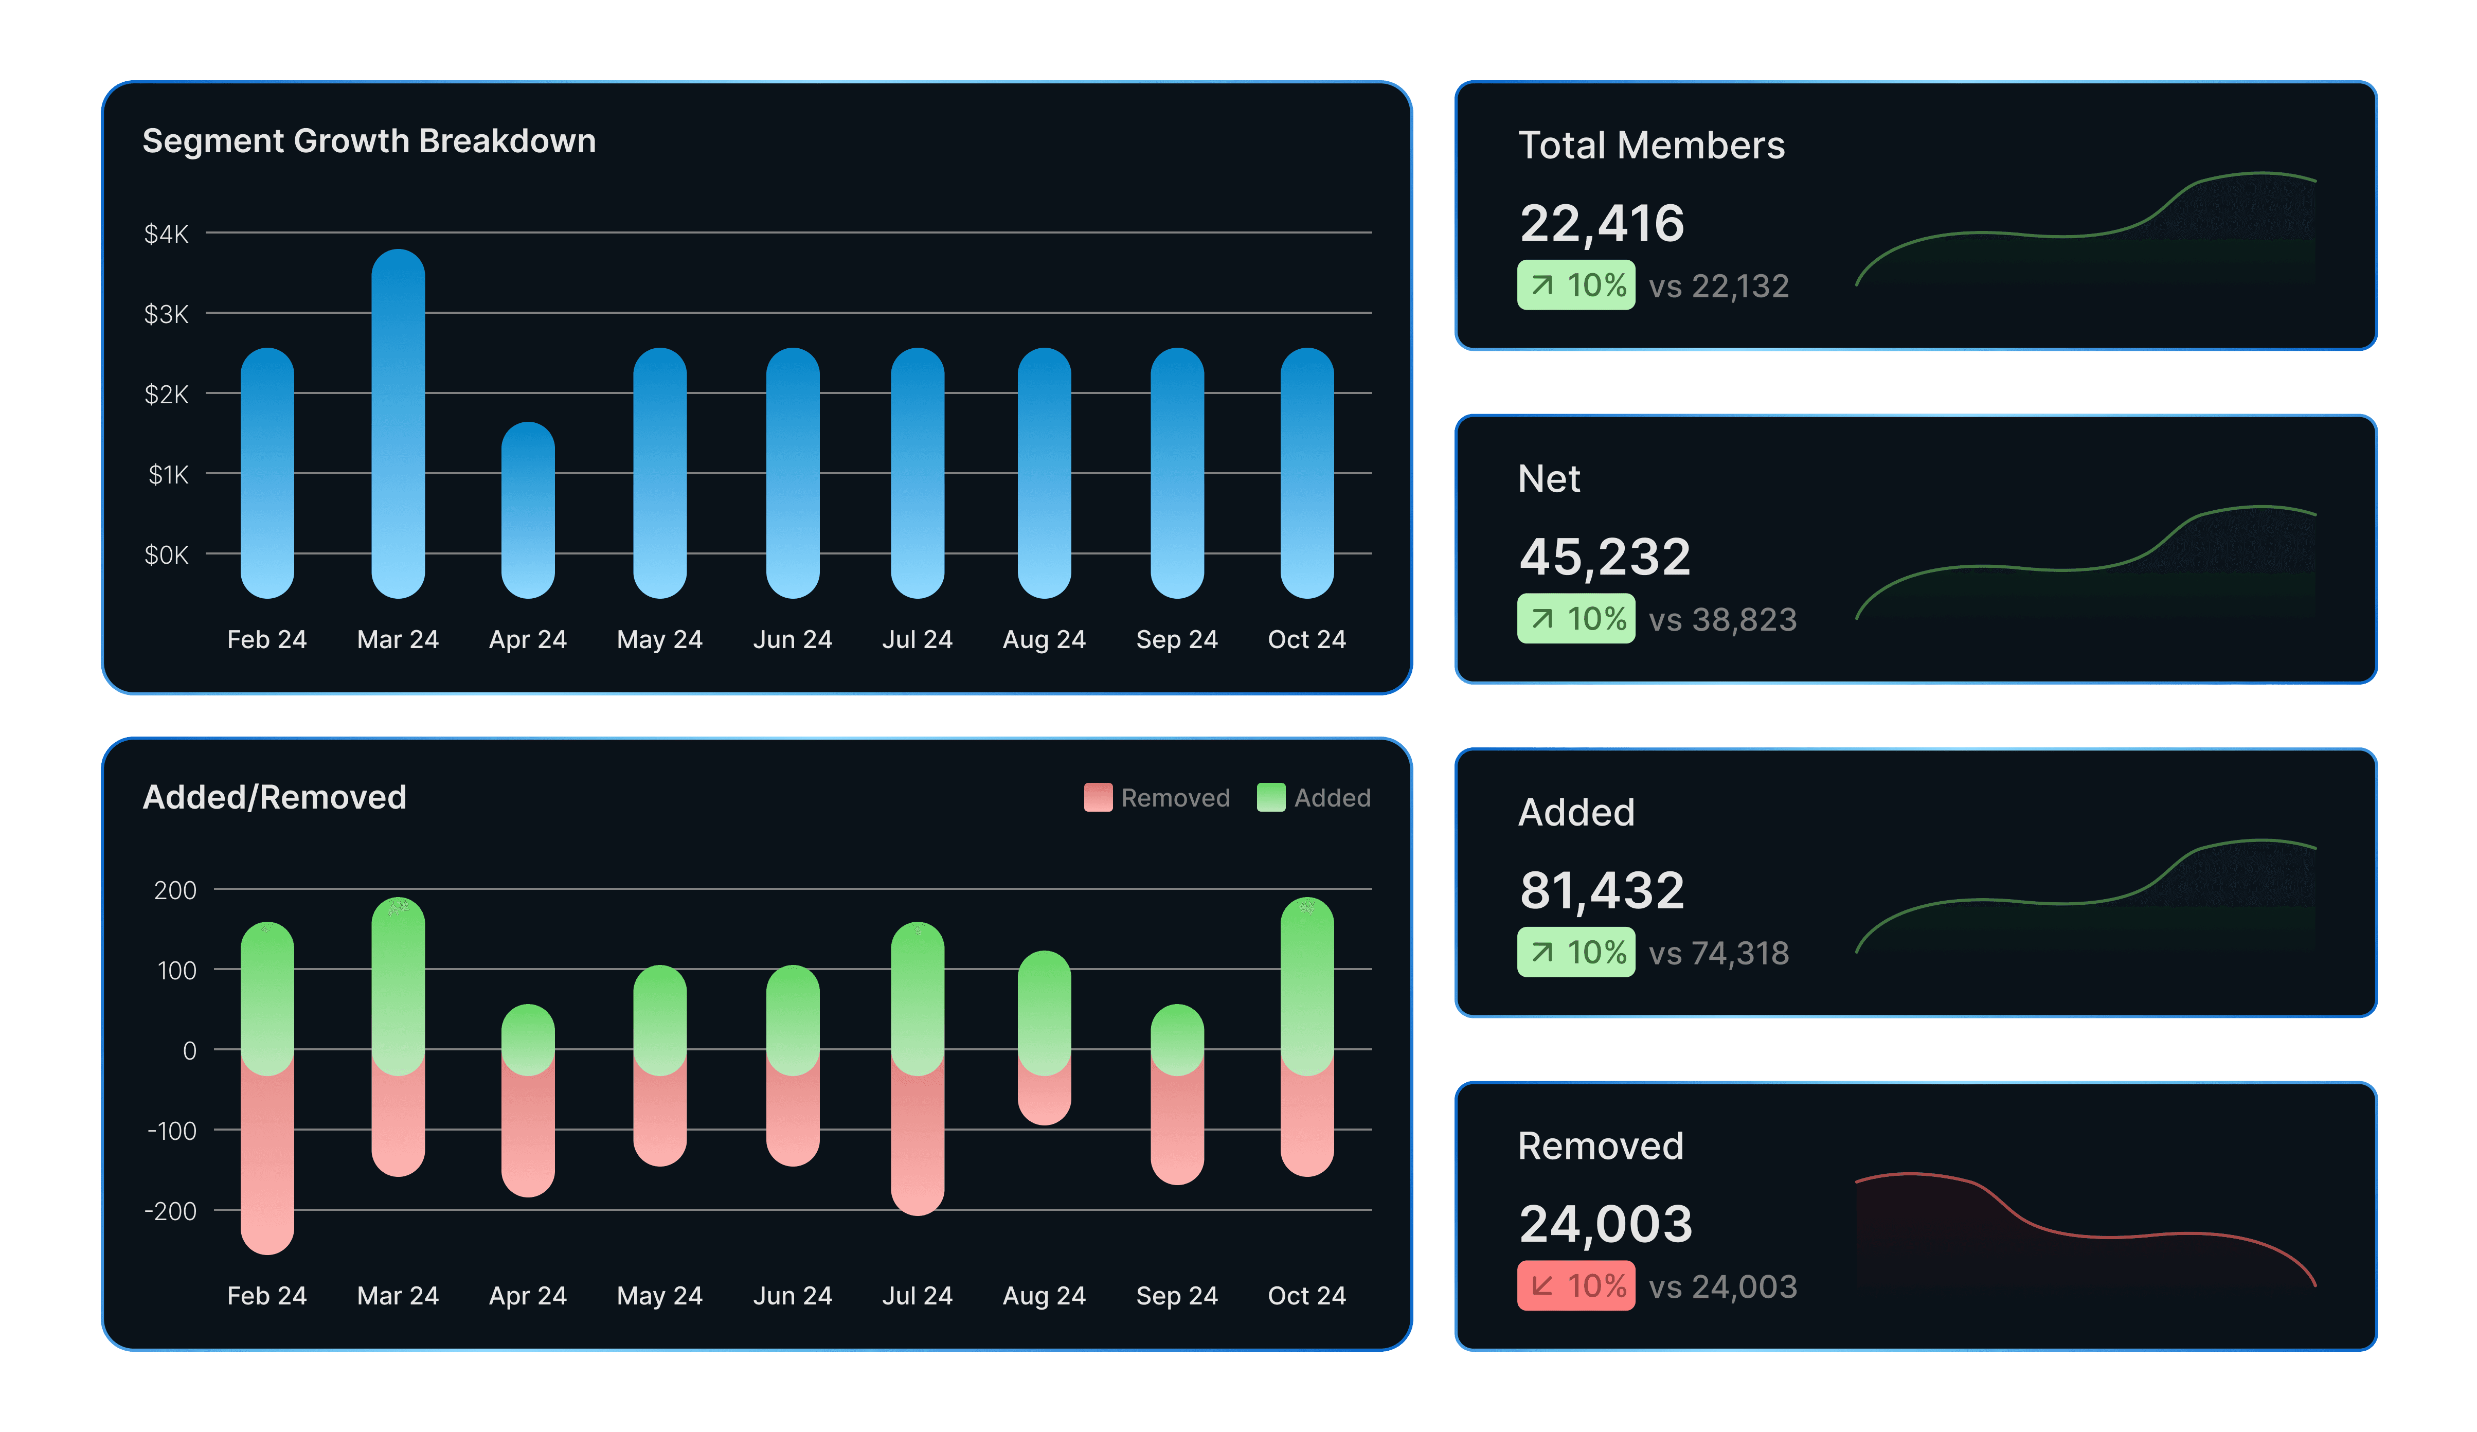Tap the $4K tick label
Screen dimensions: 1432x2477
point(166,234)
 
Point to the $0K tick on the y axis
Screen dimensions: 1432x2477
point(166,556)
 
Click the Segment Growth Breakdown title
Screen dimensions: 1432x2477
point(369,141)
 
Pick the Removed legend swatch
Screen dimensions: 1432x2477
point(1097,797)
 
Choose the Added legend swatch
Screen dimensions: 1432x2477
point(1270,797)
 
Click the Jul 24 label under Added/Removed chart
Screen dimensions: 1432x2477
point(917,1295)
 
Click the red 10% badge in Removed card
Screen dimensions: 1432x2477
point(1576,1285)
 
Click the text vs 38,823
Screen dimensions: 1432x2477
point(1722,620)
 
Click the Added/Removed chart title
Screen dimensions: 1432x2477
point(274,797)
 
